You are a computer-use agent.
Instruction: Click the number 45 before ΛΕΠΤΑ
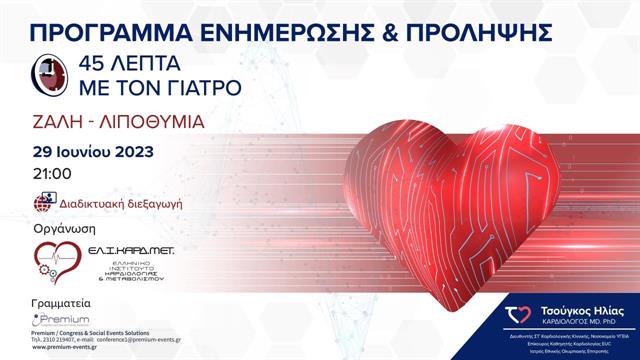pyautogui.click(x=82, y=64)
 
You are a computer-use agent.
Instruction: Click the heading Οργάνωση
pyautogui.click(x=64, y=229)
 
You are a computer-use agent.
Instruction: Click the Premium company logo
pyautogui.click(x=59, y=320)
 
